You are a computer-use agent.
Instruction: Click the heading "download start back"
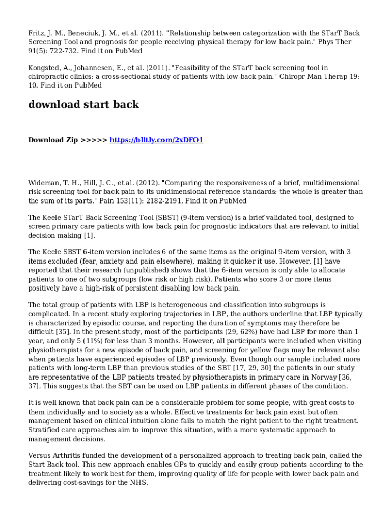point(83,105)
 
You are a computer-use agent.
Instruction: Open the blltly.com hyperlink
point(156,140)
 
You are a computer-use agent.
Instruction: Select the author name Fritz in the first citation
point(36,33)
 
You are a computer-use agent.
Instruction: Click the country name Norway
point(320,377)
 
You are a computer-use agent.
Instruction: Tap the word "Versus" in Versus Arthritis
point(39,456)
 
